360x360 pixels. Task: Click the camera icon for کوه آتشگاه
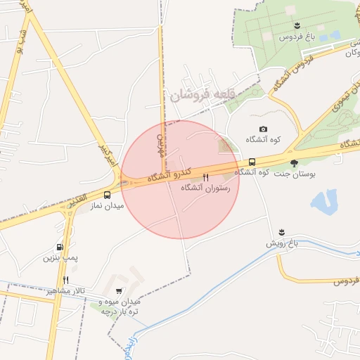[x=263, y=129]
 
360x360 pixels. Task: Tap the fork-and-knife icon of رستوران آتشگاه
[x=206, y=177]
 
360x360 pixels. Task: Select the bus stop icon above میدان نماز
[x=107, y=195]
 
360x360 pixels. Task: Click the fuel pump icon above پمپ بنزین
[x=60, y=247]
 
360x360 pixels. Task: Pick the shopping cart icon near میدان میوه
[x=119, y=291]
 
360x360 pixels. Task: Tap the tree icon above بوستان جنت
[x=294, y=162]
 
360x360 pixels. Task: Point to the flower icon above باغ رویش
[x=282, y=232]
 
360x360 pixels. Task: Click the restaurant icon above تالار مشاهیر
[x=66, y=280]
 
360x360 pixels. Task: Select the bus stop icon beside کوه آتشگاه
[x=252, y=162]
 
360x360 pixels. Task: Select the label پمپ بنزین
[x=60, y=258]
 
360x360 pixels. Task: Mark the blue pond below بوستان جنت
[x=323, y=201]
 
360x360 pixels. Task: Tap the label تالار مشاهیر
[x=64, y=290]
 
